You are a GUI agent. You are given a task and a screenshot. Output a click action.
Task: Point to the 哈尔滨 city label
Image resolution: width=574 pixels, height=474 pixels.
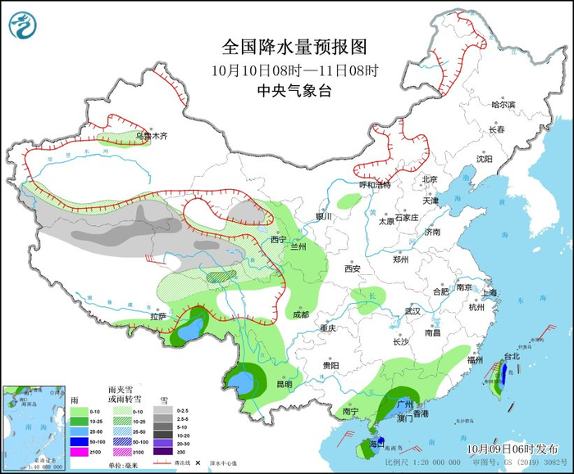503,105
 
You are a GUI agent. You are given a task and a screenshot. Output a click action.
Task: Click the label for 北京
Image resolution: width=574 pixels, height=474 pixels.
430,179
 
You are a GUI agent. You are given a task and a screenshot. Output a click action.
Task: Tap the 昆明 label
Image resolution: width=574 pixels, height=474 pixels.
284,383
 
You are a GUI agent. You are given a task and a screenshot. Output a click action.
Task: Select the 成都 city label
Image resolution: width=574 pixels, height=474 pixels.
300,314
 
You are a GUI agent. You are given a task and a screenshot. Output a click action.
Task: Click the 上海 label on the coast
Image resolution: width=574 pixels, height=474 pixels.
490,293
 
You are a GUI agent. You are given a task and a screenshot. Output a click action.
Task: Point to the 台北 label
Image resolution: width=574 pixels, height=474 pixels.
511,357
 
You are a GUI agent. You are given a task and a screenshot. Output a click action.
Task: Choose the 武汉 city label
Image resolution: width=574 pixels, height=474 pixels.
412,311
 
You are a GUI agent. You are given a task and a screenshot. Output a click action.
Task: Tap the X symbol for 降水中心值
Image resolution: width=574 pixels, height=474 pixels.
197,463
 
